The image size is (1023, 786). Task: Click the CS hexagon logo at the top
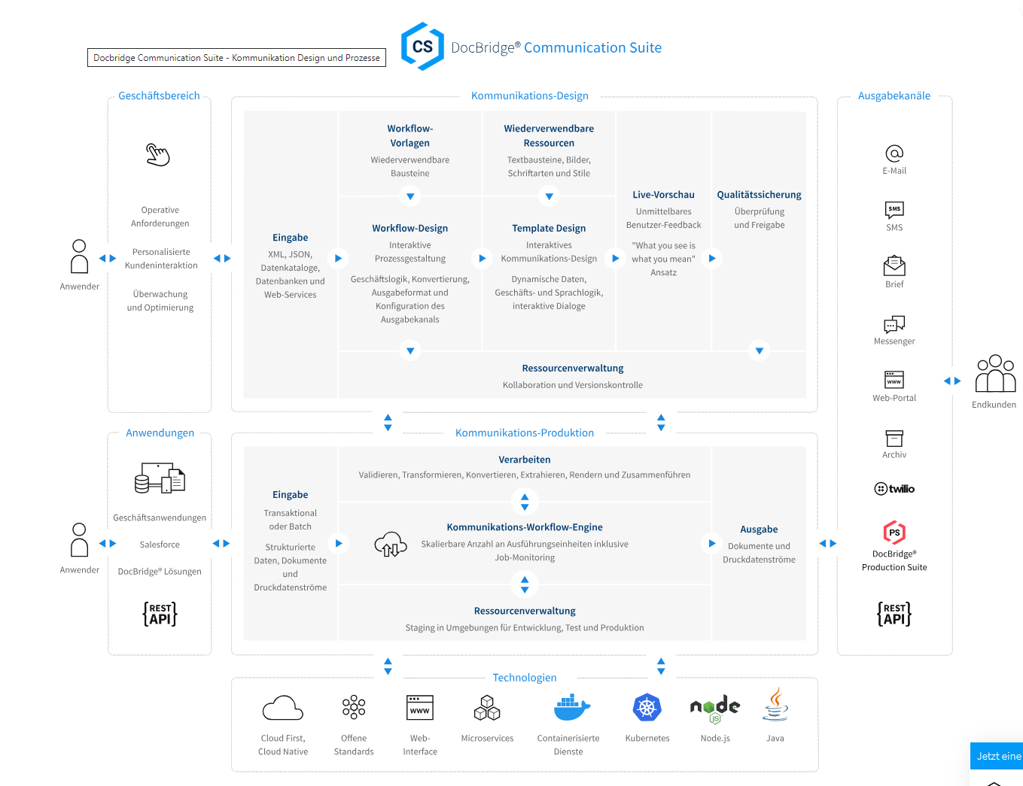422,47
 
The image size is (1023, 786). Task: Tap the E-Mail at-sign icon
894,153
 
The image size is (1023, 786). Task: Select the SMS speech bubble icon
894,209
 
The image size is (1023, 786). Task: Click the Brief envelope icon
894,266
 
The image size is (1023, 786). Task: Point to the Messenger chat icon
894,323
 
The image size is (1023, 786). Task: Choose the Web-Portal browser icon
894,379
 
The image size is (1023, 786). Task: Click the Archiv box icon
894,438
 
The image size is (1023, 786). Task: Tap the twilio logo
894,489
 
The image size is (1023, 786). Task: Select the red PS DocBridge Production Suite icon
894,533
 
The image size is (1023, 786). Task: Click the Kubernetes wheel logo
647,708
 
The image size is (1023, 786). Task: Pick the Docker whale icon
571,708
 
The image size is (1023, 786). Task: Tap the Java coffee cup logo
775,706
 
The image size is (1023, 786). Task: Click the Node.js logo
715,708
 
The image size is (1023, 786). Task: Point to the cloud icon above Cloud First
283,709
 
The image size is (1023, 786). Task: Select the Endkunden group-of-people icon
995,374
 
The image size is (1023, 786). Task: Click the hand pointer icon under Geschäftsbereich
158,154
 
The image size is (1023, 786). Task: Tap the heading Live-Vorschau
663,195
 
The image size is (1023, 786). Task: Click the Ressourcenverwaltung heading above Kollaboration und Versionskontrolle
573,369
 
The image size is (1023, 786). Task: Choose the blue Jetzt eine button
997,756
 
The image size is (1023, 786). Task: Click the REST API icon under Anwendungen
160,614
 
